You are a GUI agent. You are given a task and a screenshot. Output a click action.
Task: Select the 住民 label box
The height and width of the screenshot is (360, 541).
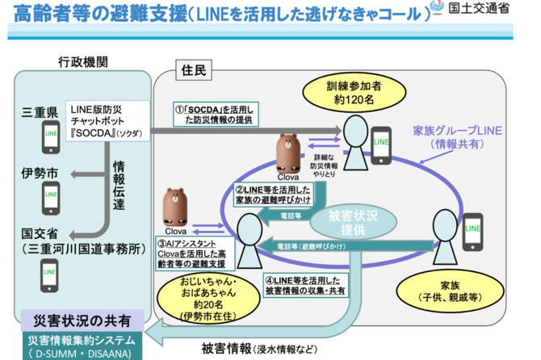(x=193, y=72)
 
